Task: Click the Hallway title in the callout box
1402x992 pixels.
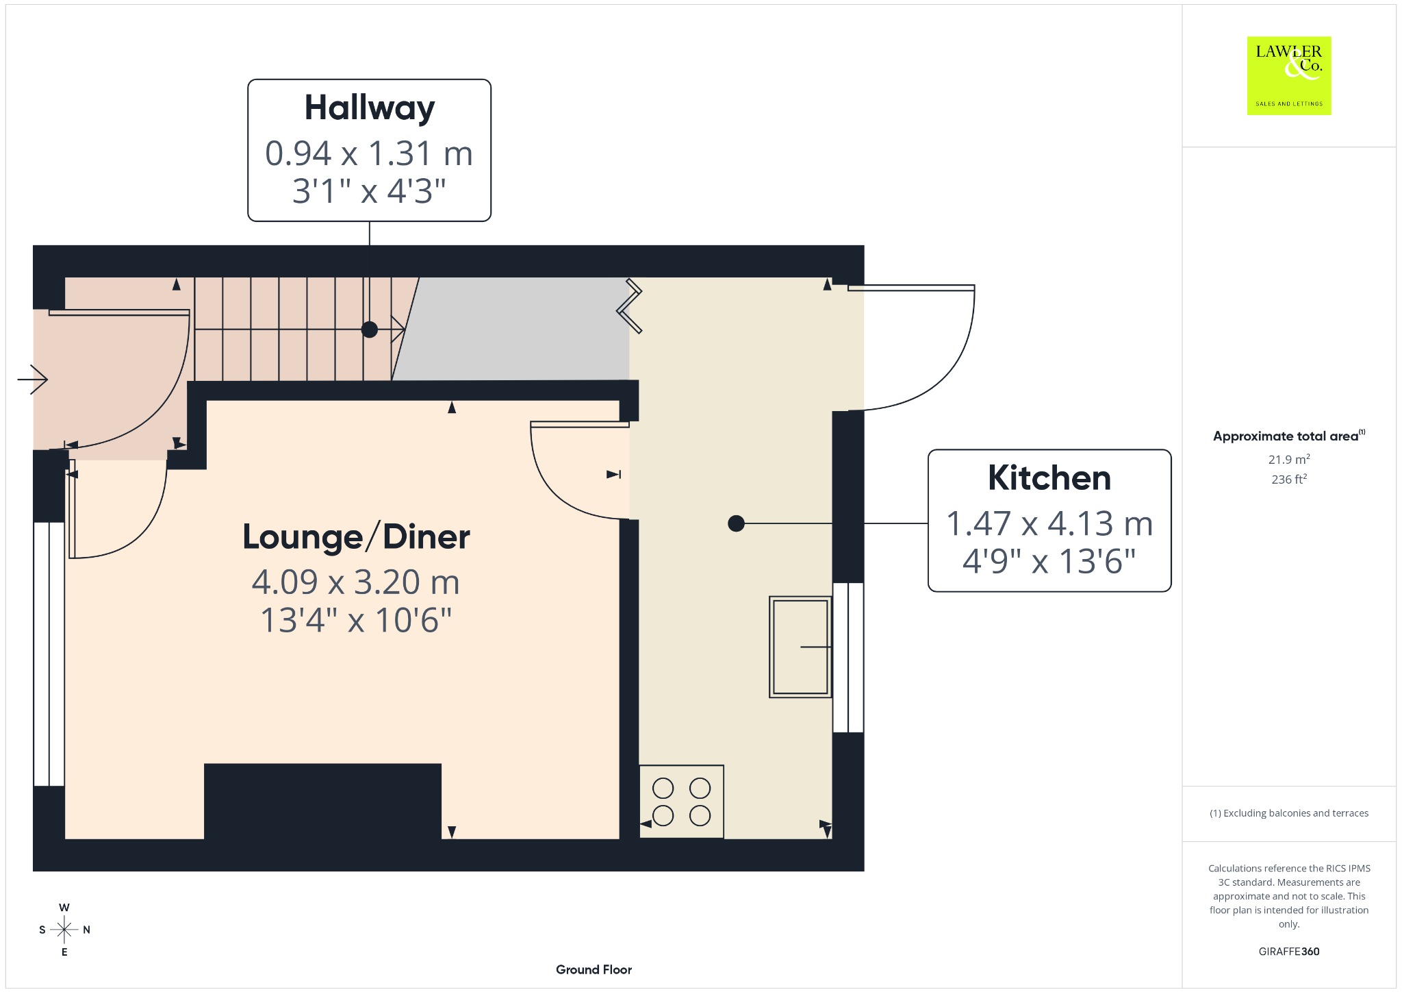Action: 370,109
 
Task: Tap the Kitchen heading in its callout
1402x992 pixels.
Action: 1049,478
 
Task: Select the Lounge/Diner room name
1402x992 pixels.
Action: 356,537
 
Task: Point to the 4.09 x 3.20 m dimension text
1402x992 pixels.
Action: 355,582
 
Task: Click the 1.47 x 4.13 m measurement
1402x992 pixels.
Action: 1049,524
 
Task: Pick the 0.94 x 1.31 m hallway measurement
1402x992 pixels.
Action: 369,153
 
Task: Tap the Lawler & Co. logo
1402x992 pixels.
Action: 1289,76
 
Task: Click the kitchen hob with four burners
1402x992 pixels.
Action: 681,802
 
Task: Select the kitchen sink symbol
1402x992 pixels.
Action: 800,647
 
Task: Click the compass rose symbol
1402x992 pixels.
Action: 64,930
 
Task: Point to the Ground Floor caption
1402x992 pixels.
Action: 594,969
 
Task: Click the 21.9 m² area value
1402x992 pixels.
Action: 1289,459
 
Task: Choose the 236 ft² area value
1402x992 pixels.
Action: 1289,479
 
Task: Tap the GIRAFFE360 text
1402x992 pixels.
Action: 1289,951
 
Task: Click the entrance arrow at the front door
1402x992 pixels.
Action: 33,379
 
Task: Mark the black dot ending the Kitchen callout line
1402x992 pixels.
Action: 736,523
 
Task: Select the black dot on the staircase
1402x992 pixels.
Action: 370,330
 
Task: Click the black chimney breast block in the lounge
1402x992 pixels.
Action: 322,802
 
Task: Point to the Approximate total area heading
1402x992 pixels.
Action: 1288,436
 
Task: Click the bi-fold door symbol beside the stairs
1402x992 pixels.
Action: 630,306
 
